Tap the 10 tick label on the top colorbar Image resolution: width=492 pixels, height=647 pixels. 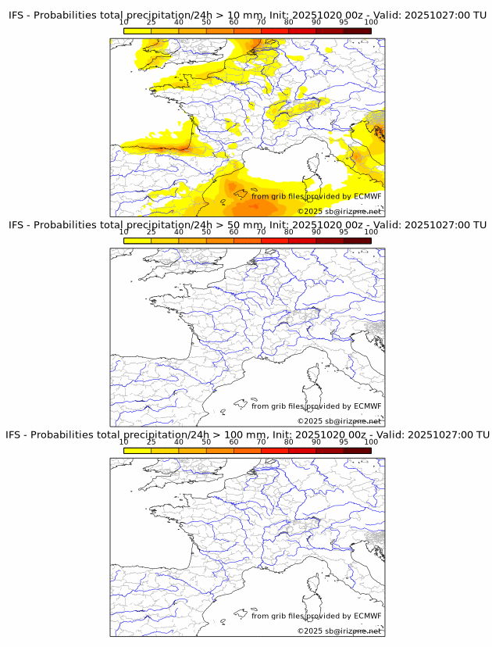124,23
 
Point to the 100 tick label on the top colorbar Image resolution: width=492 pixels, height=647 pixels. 371,23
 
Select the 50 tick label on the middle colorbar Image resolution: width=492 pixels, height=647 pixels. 206,232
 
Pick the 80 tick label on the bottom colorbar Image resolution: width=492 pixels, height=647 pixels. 289,442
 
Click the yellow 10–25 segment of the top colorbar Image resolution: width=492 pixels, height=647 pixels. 137,30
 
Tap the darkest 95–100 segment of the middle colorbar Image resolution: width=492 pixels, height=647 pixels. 357,241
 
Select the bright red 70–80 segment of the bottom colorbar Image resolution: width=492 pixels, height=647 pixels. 275,450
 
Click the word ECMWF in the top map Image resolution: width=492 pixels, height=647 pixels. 368,197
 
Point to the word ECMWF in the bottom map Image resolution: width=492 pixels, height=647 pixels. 368,616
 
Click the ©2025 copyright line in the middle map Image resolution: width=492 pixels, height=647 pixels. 339,421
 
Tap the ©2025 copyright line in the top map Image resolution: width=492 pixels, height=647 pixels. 339,212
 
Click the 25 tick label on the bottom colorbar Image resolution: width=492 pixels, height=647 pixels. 152,442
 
